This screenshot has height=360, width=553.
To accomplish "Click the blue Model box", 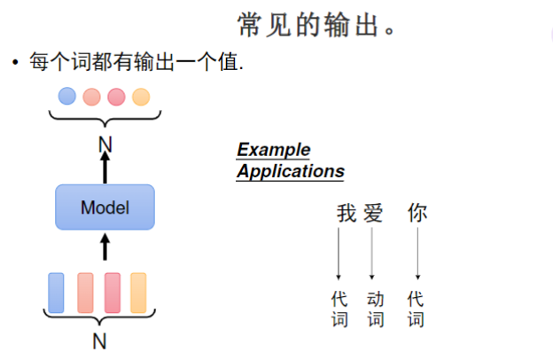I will click(x=105, y=208).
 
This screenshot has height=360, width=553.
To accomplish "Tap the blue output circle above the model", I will click(x=67, y=96).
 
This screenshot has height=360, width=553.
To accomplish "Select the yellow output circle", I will click(x=141, y=96).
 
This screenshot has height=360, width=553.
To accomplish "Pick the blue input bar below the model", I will click(x=56, y=292).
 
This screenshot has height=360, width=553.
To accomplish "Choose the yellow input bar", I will click(x=138, y=292).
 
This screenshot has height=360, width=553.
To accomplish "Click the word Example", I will click(x=273, y=150).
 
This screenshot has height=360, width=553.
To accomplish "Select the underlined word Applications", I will click(x=290, y=170).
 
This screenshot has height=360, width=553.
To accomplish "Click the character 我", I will click(x=346, y=214).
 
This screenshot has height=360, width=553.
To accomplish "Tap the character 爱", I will click(x=373, y=214).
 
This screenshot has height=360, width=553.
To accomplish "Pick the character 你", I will click(x=417, y=214).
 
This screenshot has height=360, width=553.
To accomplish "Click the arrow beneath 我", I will click(x=339, y=254).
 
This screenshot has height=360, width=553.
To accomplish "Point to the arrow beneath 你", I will click(x=417, y=254).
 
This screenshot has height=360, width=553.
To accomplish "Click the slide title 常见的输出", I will click(x=316, y=24).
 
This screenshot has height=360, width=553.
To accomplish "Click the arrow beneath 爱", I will click(x=372, y=254).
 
